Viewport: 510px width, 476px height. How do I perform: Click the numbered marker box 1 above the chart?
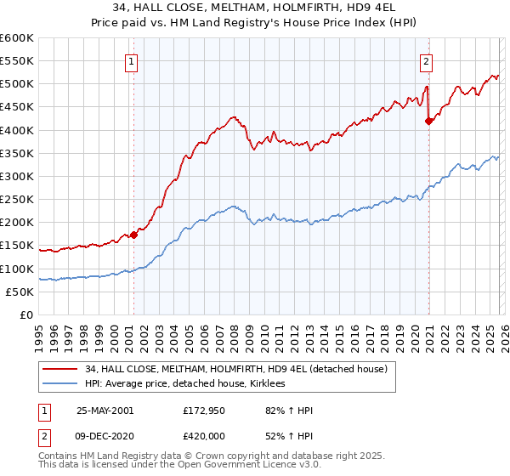pyautogui.click(x=133, y=60)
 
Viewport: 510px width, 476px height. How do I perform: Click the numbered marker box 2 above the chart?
pyautogui.click(x=425, y=60)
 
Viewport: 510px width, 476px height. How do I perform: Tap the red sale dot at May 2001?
pyautogui.click(x=133, y=235)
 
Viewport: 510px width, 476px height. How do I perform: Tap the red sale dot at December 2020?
pyautogui.click(x=429, y=121)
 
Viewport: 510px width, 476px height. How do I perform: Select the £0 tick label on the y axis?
pyautogui.click(x=27, y=315)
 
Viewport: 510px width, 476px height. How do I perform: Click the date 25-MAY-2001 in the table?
pyautogui.click(x=105, y=411)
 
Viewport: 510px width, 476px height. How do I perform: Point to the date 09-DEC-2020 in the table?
pyautogui.click(x=105, y=436)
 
